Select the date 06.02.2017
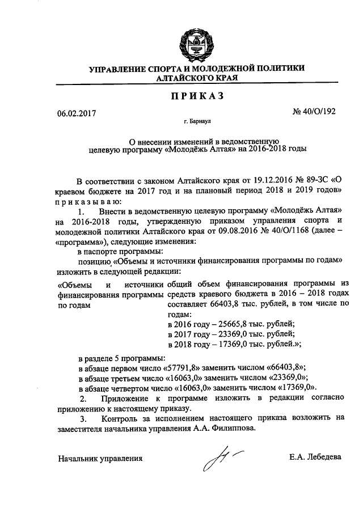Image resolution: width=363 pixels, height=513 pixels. tap(77, 112)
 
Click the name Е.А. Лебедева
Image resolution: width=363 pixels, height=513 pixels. tap(315, 457)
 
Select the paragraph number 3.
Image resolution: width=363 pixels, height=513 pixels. tap(83, 418)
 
